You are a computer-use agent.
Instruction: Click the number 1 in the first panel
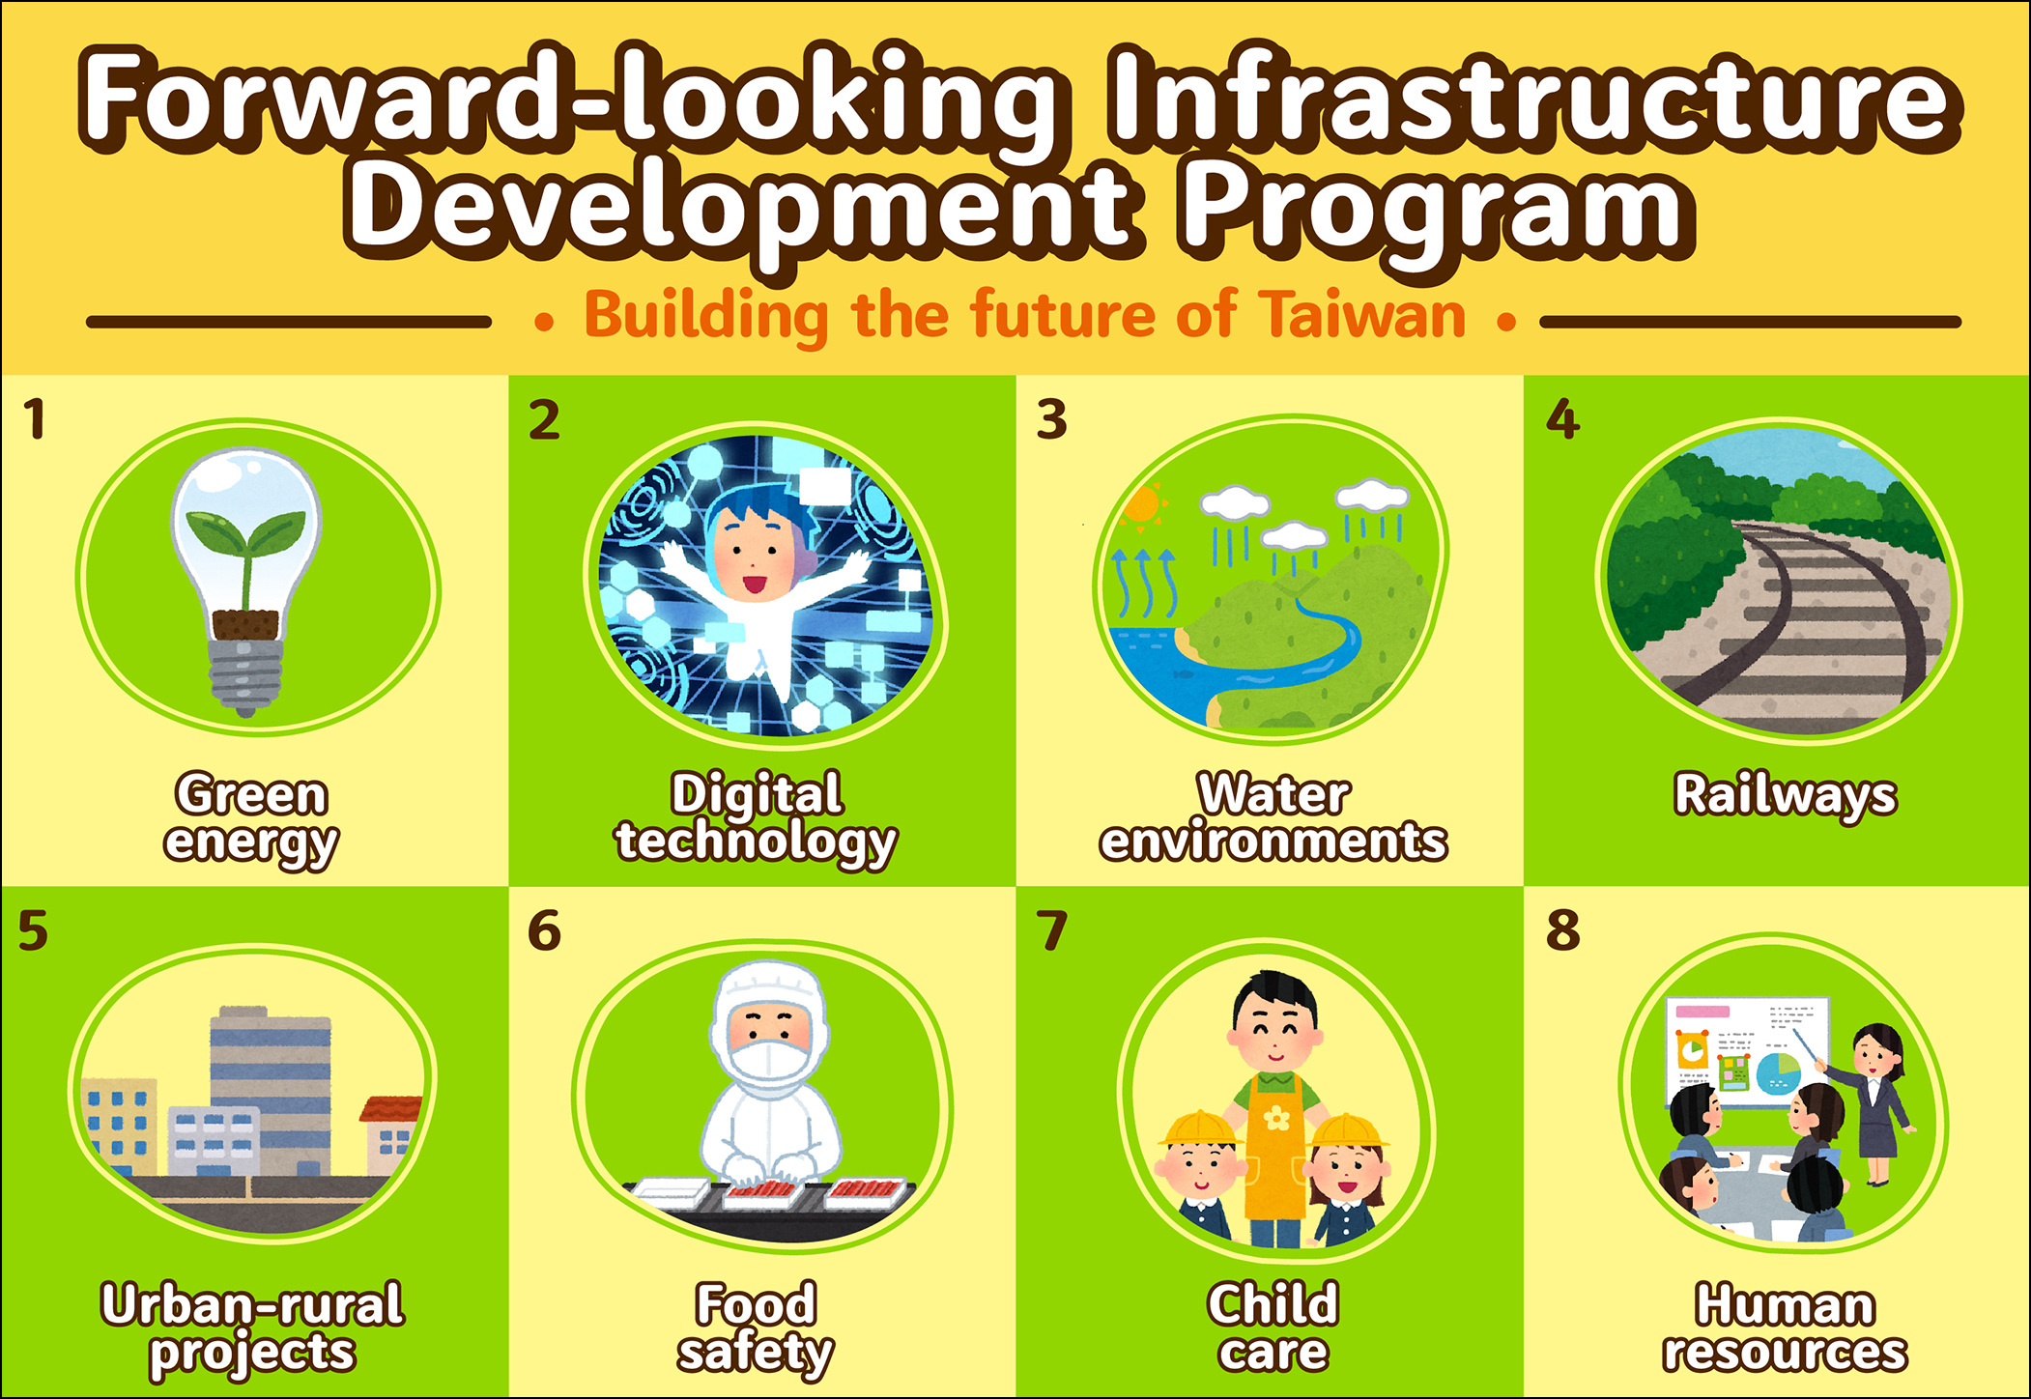(x=36, y=419)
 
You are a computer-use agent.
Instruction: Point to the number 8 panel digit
(x=1562, y=930)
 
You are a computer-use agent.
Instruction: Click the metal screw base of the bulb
(x=245, y=676)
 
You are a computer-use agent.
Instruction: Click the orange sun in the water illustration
(x=1143, y=504)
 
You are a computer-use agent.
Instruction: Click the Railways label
(x=1785, y=796)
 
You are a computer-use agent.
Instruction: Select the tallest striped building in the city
(x=271, y=1092)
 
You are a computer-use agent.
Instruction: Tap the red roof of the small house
(x=391, y=1110)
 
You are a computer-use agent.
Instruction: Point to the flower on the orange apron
(x=1276, y=1119)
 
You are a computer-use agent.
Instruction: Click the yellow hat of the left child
(x=1198, y=1128)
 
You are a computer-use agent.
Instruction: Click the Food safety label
(x=757, y=1328)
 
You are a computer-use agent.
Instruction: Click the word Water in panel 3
(x=1273, y=794)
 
